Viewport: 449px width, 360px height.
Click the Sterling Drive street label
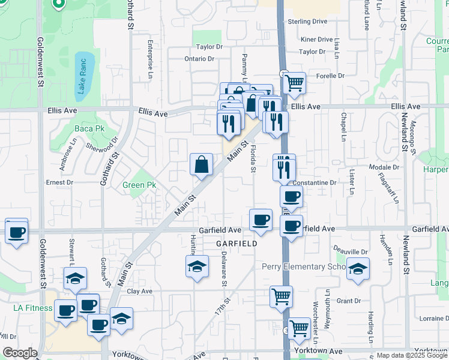point(307,22)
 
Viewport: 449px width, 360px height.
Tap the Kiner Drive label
point(316,40)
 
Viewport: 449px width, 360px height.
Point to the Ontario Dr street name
point(199,59)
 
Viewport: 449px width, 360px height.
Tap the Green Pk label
point(139,185)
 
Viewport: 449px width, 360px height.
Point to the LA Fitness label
point(33,308)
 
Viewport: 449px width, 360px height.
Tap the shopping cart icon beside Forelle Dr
point(294,83)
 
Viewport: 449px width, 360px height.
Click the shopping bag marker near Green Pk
point(201,164)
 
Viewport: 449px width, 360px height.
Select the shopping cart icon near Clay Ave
point(281,296)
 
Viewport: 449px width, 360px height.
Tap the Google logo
point(20,353)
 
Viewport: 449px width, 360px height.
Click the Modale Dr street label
point(384,167)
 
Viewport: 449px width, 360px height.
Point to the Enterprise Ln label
point(150,59)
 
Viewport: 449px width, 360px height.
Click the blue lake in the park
point(83,75)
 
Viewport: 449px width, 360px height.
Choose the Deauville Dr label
point(351,251)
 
